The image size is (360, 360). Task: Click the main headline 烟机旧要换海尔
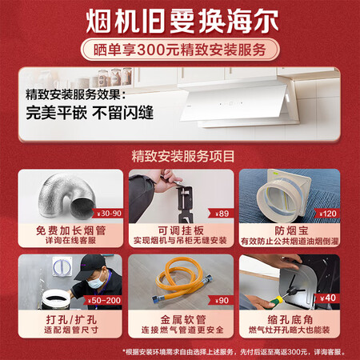(179, 19)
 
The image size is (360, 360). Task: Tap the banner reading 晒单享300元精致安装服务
(179, 49)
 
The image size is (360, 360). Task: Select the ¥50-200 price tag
(104, 299)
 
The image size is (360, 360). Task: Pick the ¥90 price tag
(222, 299)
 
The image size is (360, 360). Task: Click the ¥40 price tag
(327, 298)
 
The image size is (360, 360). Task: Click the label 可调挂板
(179, 230)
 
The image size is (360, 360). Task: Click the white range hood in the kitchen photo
(240, 103)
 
